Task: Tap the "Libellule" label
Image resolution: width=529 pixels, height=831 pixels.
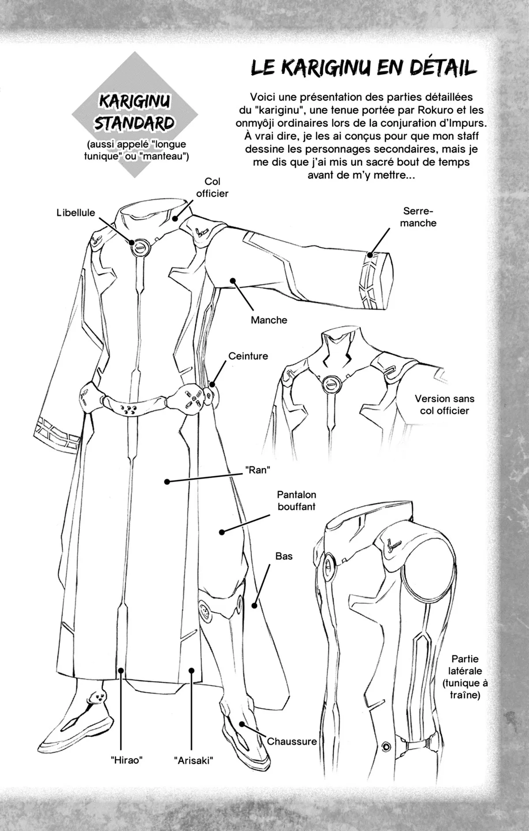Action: click(x=75, y=213)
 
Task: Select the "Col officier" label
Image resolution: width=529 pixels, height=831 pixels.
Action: click(x=212, y=187)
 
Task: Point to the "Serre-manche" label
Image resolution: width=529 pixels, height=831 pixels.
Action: click(x=418, y=217)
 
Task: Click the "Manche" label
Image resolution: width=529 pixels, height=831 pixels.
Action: click(x=269, y=320)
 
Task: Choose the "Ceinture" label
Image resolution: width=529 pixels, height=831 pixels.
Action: click(x=248, y=356)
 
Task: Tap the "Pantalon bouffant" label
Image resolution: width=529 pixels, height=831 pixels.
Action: click(x=296, y=501)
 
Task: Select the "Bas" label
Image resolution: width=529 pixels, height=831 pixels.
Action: click(x=284, y=556)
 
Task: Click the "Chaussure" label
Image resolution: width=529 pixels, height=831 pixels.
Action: click(x=292, y=741)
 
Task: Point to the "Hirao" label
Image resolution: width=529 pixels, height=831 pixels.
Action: click(x=127, y=760)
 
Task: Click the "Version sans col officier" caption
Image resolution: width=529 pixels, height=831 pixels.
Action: click(x=444, y=404)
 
